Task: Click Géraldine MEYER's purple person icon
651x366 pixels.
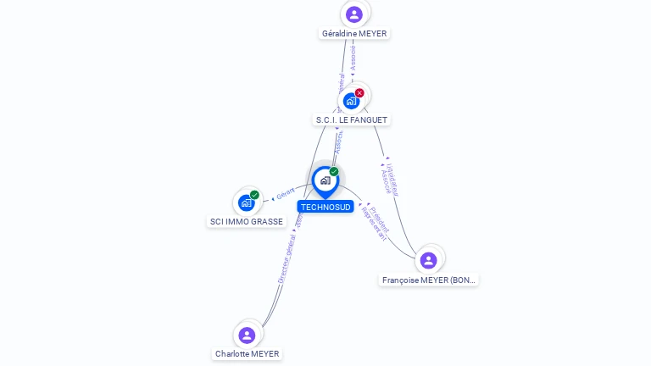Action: [x=354, y=14]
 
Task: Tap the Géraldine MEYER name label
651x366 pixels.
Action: [x=354, y=34]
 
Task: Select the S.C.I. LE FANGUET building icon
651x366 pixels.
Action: [x=351, y=101]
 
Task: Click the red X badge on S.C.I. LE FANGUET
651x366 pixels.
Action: [x=359, y=92]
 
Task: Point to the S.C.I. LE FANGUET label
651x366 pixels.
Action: [x=352, y=120]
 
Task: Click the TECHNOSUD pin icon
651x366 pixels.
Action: [x=325, y=180]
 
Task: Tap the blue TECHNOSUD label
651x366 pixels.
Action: [x=325, y=207]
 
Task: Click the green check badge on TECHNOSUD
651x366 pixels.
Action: [x=334, y=172]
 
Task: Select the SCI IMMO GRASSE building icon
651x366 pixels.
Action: [x=247, y=202]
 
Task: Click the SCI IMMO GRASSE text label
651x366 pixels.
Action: [x=247, y=222]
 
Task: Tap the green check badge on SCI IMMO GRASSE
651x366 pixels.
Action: [x=254, y=195]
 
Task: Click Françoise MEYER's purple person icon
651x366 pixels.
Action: [x=429, y=260]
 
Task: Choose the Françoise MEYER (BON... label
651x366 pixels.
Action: [x=429, y=280]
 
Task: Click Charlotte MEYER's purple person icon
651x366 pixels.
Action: [x=247, y=335]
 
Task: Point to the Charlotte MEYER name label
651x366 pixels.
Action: [x=247, y=354]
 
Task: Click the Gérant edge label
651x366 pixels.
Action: [x=285, y=196]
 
